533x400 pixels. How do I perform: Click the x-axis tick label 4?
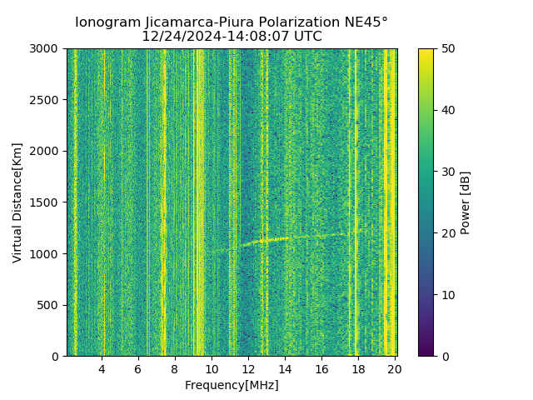coord(102,369)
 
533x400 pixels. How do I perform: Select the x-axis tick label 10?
coord(212,369)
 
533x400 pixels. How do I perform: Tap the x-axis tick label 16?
coord(321,369)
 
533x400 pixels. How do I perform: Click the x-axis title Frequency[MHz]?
coord(232,385)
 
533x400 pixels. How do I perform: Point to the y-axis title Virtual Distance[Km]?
coord(17,202)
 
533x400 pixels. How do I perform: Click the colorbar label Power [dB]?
coord(466,202)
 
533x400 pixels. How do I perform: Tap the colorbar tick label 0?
coord(443,357)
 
